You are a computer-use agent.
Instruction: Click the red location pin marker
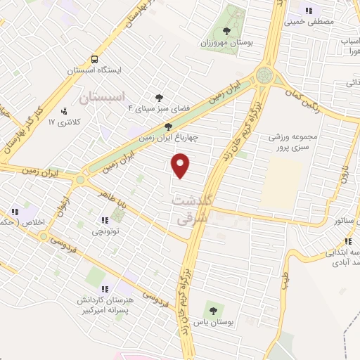(181, 164)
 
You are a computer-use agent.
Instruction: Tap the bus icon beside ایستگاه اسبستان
(94, 59)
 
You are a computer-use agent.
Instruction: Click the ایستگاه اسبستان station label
(94, 70)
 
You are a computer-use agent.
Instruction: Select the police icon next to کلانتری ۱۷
(65, 110)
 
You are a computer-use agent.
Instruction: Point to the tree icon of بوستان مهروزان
(226, 30)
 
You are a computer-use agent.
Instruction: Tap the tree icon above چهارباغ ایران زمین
(167, 126)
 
